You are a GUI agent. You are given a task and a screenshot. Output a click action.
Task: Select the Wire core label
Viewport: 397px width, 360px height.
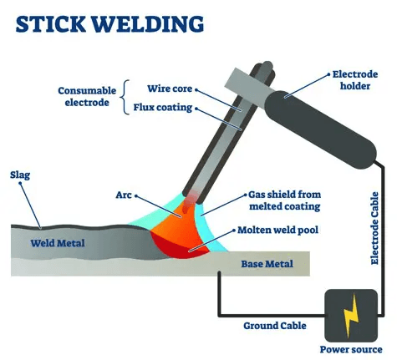point(168,88)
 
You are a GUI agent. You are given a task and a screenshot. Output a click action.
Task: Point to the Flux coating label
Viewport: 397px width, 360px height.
point(163,107)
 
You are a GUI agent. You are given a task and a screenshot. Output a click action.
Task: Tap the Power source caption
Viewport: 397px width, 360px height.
point(351,348)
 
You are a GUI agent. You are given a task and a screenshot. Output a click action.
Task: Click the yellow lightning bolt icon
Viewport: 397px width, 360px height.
point(351,312)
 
